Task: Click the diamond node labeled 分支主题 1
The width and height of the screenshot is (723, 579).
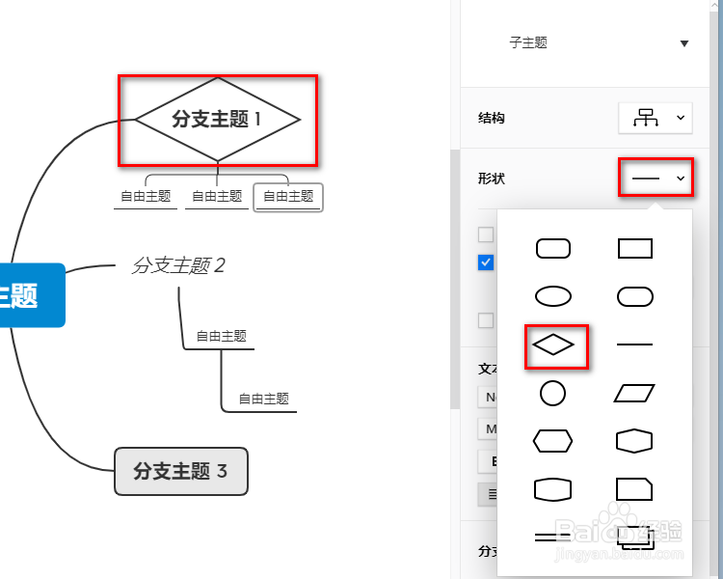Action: pyautogui.click(x=217, y=120)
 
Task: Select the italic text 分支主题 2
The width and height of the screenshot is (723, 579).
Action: pyautogui.click(x=178, y=265)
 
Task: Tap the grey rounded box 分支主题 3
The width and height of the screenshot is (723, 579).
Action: pyautogui.click(x=181, y=471)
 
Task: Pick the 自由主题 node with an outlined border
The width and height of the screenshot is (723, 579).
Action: pyautogui.click(x=288, y=196)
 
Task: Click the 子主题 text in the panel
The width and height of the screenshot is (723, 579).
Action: pyautogui.click(x=528, y=43)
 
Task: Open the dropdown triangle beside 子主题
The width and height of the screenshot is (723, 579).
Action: pyautogui.click(x=684, y=43)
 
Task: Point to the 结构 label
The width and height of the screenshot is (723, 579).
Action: pyautogui.click(x=492, y=118)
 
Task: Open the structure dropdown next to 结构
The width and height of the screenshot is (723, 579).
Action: pyautogui.click(x=656, y=118)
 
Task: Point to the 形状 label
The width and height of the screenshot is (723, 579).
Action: pyautogui.click(x=492, y=179)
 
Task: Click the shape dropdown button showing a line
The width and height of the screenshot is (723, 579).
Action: pyautogui.click(x=656, y=179)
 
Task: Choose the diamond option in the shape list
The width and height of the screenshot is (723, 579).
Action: pyautogui.click(x=553, y=345)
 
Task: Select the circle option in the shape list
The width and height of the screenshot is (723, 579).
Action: pyautogui.click(x=553, y=393)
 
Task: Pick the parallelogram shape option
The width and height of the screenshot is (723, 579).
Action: pyautogui.click(x=634, y=393)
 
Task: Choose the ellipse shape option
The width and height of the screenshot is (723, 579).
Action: pyautogui.click(x=553, y=296)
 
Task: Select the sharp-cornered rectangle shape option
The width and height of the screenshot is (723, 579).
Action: pyautogui.click(x=634, y=249)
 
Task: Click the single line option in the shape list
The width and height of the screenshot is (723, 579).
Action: pyautogui.click(x=634, y=345)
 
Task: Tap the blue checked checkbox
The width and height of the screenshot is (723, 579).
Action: pyautogui.click(x=486, y=262)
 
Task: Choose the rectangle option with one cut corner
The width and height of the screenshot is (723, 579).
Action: pyautogui.click(x=634, y=488)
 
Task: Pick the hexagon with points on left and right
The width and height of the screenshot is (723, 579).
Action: pyautogui.click(x=553, y=441)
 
